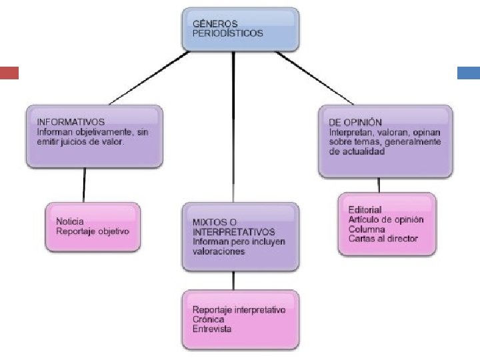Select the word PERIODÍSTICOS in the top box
[x=227, y=33]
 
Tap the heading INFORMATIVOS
[x=71, y=123]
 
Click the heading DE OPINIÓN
[x=355, y=123]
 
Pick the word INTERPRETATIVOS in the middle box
[x=233, y=233]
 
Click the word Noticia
[x=71, y=221]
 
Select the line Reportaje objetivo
[x=93, y=231]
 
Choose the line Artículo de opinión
[x=386, y=220]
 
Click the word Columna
[x=367, y=229]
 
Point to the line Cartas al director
[x=383, y=239]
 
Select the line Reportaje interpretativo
[x=239, y=310]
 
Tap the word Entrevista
[x=212, y=329]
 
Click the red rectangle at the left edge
[x=9, y=73]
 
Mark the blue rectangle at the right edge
[x=469, y=73]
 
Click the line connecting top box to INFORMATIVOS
[x=150, y=78]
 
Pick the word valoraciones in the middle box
[x=219, y=252]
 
